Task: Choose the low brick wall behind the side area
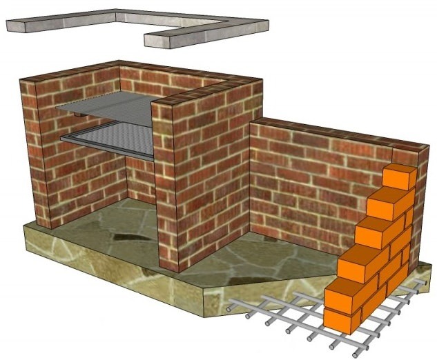311,179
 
